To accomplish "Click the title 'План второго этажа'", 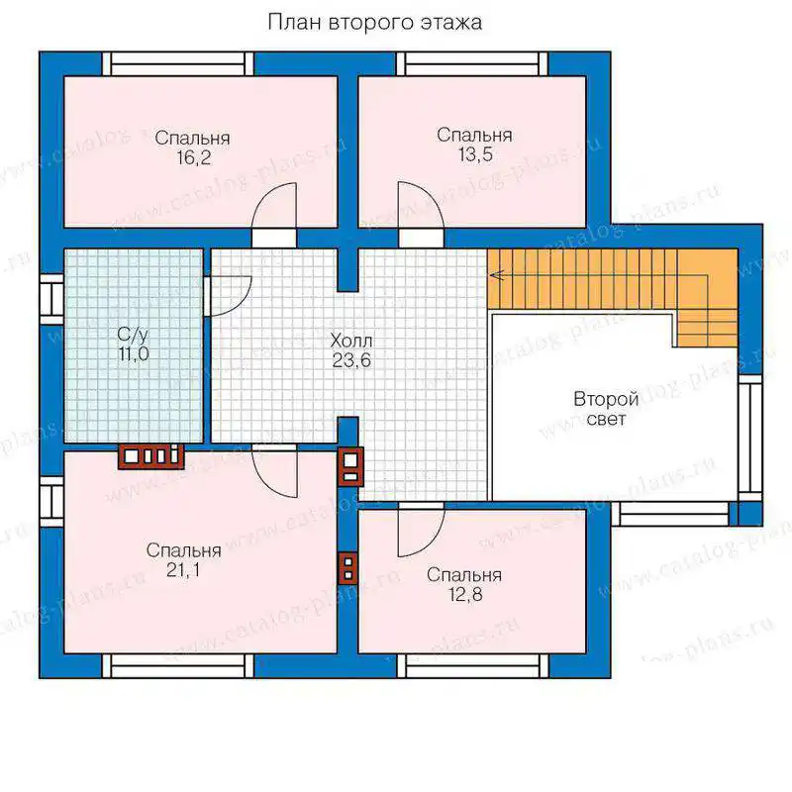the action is click(374, 23).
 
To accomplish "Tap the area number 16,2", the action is click(193, 158).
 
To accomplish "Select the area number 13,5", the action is click(475, 154).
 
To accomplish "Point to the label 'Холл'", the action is click(351, 341).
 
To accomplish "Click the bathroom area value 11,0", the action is click(134, 354).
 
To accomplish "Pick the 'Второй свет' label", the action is click(606, 409).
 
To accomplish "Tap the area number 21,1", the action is click(183, 570).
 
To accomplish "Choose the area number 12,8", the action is click(465, 595).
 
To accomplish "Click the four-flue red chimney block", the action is click(151, 456).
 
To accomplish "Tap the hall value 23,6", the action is click(351, 360).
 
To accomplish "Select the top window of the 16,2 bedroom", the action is click(178, 64).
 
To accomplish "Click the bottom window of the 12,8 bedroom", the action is click(472, 666).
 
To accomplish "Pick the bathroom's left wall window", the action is click(51, 299).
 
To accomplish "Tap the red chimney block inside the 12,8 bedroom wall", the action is click(348, 567).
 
